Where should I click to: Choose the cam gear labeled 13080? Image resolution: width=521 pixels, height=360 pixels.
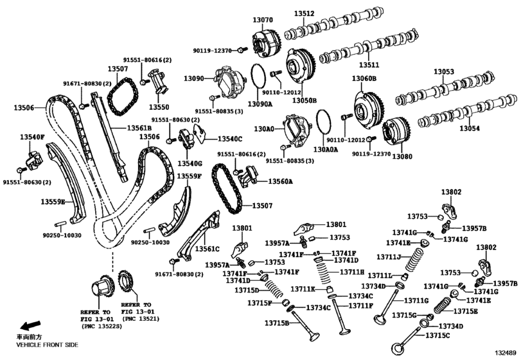393,132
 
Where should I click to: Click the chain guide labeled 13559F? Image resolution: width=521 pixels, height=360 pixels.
179,206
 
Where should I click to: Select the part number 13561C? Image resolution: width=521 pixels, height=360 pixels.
207,248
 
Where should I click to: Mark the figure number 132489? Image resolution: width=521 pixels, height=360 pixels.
505,353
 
